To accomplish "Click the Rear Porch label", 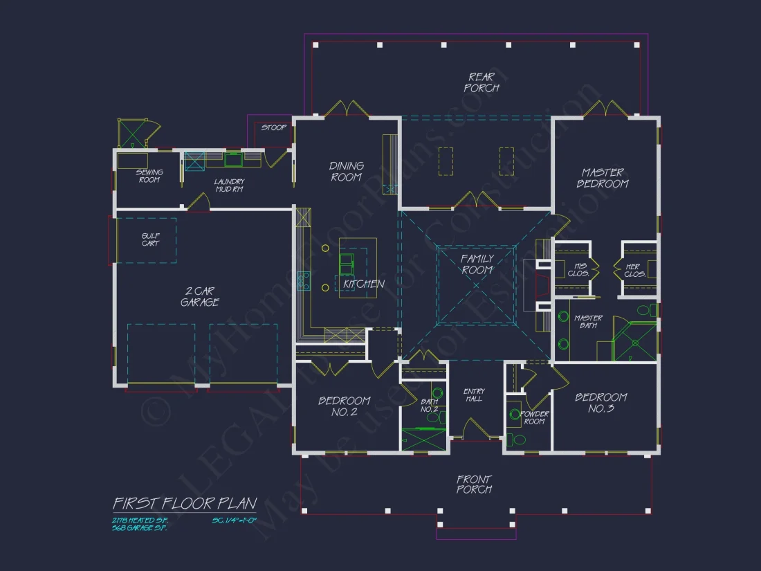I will coord(482,82).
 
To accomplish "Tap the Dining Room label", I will coord(347,171).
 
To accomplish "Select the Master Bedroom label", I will coord(603,178).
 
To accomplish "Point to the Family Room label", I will coord(477,264).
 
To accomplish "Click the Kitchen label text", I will coord(364,284).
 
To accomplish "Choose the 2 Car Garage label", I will coord(200,296).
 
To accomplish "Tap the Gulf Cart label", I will coord(150,239).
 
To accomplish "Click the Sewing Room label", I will coord(149,176).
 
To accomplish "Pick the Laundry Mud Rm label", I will coord(229,185).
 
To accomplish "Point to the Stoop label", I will coord(273,127).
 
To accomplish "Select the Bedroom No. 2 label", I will coord(345,406).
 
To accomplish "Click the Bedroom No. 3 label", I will coord(601,403).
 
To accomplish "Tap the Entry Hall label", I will coord(474,395).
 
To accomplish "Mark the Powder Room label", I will coord(535,417).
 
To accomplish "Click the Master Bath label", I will coord(588,322).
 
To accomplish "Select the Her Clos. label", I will coord(634,270).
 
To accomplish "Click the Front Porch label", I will coord(474,484).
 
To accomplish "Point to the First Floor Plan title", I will coord(185,503).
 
